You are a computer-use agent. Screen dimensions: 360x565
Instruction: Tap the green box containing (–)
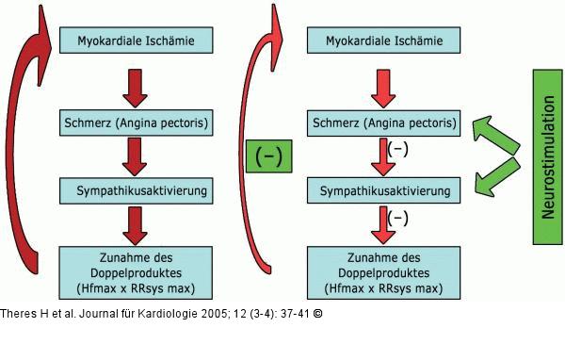coord(269,156)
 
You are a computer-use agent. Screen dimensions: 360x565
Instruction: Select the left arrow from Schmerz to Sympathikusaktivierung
coord(133,157)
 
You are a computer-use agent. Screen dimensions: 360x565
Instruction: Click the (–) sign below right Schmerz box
coord(399,149)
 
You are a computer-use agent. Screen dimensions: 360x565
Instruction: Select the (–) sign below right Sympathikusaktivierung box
coord(399,219)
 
